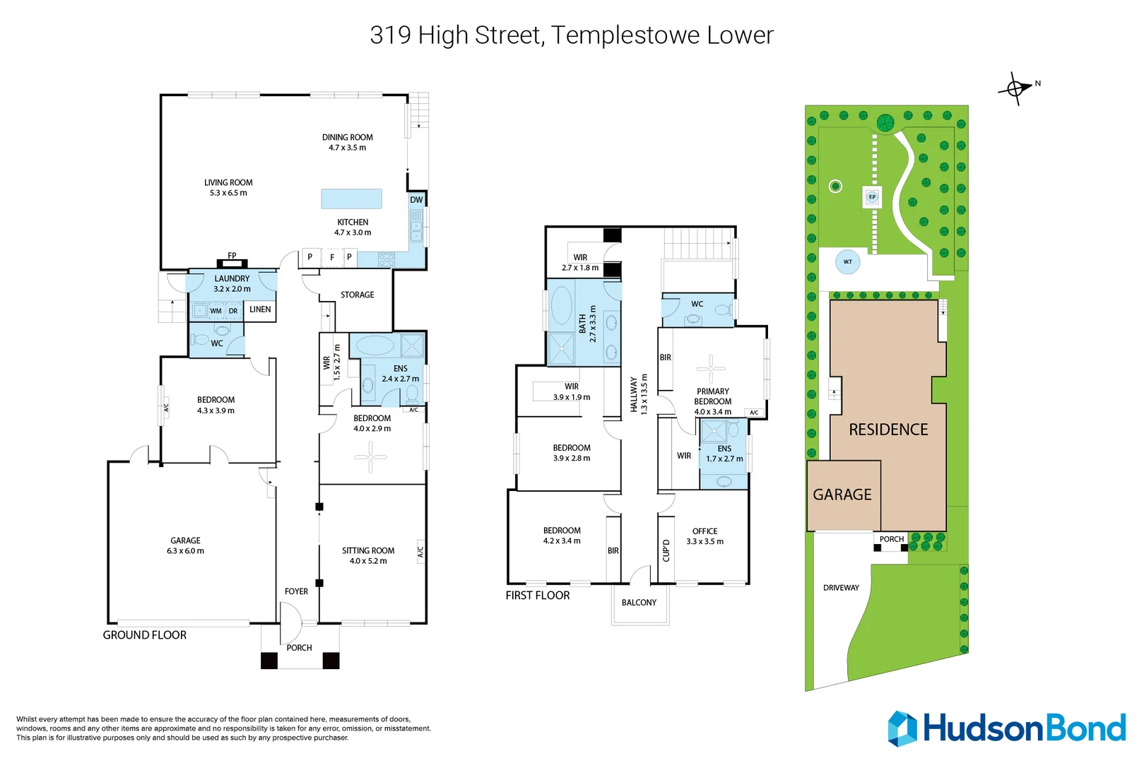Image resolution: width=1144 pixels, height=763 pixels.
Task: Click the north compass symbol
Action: pos(1016,89)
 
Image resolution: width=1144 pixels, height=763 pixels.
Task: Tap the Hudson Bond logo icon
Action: pos(902,729)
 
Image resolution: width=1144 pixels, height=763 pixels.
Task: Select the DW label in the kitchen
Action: pos(416,200)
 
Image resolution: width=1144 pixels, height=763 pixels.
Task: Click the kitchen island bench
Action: pos(351,199)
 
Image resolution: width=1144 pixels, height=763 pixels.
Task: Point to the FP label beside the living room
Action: pos(232,256)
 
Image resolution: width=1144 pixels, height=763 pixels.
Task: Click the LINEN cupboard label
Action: pos(260,309)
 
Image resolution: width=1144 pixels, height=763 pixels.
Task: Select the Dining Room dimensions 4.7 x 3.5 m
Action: pos(347,148)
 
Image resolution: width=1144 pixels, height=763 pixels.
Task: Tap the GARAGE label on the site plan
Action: pos(842,495)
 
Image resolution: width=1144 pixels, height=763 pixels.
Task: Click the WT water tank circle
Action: pos(847,261)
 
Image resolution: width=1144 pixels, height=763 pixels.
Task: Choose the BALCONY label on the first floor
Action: pos(639,603)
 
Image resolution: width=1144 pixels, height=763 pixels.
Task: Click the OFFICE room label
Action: pos(704,531)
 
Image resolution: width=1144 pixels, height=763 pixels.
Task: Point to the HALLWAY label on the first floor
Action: pos(634,394)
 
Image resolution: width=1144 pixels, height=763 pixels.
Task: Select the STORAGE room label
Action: pos(358,295)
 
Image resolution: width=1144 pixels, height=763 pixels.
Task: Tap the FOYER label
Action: pos(296,591)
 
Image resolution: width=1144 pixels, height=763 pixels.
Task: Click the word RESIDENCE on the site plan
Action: pos(888,430)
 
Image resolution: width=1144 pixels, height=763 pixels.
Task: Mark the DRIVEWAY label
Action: pos(841,588)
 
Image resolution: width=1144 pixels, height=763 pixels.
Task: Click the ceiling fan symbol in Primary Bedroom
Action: pos(711,368)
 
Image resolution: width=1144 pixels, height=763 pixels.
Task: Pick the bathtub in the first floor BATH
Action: pos(562,305)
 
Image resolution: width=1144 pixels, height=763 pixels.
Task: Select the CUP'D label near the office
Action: pos(666,550)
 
